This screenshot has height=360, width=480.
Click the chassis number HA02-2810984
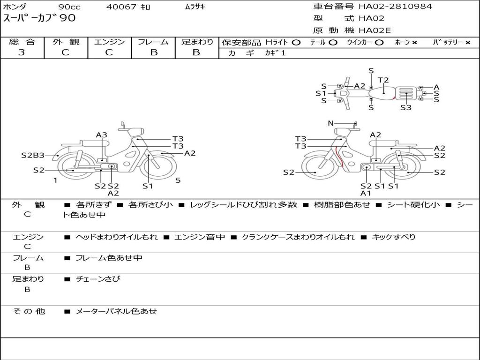pos(395,7)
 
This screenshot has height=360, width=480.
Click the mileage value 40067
pos(121,7)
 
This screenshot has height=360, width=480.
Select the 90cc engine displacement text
pos(68,7)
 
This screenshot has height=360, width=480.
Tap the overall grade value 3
pos(22,52)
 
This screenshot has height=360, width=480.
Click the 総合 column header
pos(22,42)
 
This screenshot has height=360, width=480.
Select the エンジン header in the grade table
pos(109,42)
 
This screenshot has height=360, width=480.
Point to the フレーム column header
pos(153,42)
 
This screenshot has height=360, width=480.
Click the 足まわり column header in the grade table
pos(197,42)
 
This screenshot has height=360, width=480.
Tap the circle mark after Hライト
pos(296,43)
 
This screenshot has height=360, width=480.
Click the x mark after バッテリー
pos(467,43)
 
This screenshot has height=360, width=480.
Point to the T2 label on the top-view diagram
pos(383,80)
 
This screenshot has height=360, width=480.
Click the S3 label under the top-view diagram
pos(406,107)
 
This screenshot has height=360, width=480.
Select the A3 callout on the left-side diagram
pos(102,135)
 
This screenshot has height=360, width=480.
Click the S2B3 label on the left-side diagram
pos(33,155)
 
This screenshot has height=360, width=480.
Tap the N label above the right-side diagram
pos(331,123)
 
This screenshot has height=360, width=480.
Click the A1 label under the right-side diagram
pos(366,193)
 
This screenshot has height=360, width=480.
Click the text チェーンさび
pos(98,279)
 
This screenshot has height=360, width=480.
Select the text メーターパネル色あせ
pos(116,311)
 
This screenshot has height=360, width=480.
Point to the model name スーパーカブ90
pos(39,18)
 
